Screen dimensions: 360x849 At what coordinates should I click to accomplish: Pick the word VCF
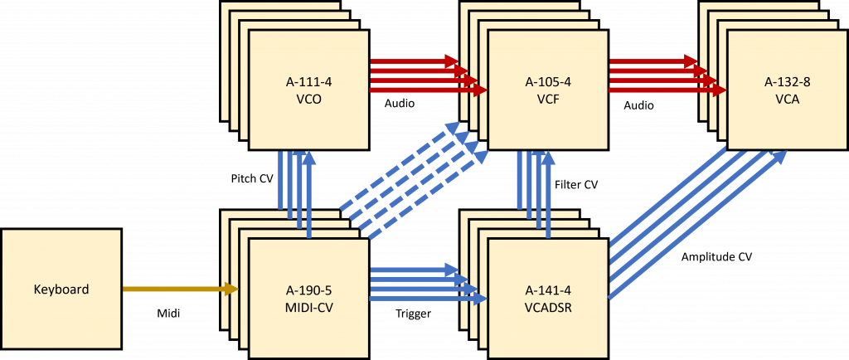[548, 99]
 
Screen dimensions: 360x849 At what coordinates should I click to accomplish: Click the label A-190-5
[308, 289]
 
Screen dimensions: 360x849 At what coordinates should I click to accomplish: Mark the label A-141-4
[548, 289]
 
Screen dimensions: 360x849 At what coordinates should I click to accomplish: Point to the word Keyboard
[61, 289]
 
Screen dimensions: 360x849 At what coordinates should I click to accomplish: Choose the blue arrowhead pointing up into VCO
[309, 158]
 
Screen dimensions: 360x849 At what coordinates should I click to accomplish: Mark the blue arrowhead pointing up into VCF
[548, 158]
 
